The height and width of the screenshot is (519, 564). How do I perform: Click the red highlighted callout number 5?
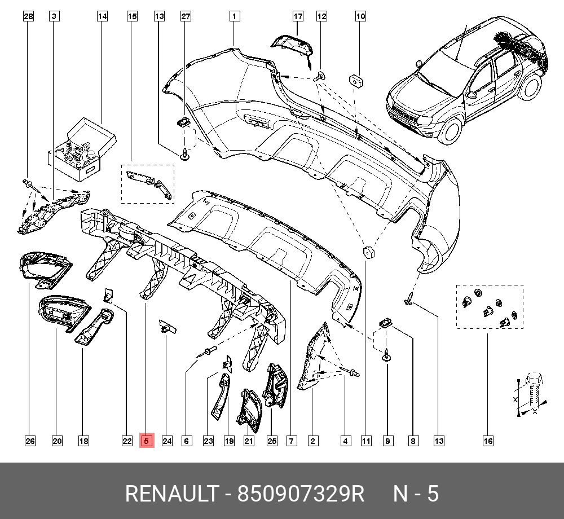[146, 441]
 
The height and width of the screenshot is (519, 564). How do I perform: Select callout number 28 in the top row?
[28, 16]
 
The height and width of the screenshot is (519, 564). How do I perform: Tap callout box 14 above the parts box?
[102, 16]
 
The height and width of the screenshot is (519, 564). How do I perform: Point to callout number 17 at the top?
[298, 16]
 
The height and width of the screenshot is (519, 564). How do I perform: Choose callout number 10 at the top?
[360, 16]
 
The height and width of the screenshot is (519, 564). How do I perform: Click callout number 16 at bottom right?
[488, 441]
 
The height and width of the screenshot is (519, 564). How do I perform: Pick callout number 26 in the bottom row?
[29, 441]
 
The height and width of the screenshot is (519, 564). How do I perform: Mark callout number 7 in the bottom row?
[291, 441]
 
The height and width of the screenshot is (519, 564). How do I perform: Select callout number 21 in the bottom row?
[249, 441]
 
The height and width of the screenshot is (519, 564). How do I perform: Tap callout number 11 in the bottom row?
[367, 441]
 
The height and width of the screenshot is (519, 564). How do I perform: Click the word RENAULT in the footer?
[171, 494]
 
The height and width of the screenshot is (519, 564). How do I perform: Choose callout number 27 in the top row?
[186, 16]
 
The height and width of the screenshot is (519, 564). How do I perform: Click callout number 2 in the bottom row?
[312, 441]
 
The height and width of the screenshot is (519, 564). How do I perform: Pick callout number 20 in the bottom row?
[57, 441]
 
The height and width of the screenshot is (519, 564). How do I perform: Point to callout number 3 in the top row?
[54, 16]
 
